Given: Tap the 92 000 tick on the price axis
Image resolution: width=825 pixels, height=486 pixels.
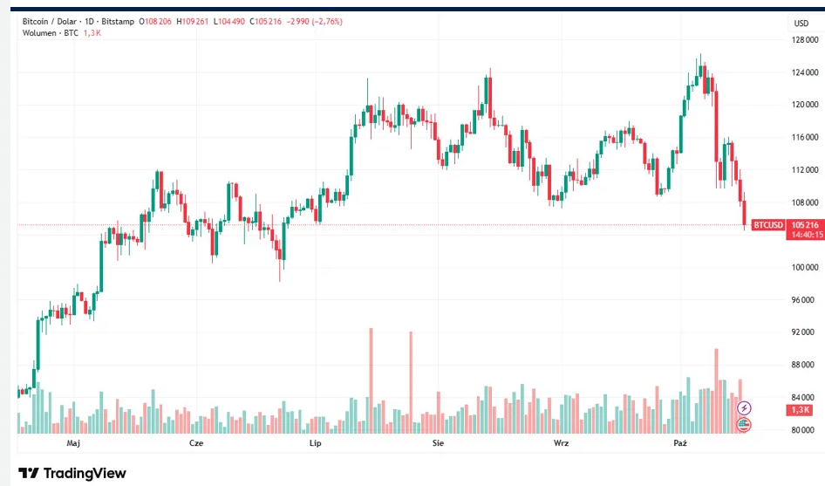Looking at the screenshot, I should (805, 332).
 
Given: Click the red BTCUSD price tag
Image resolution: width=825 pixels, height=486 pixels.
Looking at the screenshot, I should (767, 225).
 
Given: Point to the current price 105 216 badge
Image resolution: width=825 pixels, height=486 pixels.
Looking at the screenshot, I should (805, 224).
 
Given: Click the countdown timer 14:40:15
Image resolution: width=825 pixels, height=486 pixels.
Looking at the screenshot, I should (805, 235).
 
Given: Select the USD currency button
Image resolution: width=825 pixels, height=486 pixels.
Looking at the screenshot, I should (801, 23).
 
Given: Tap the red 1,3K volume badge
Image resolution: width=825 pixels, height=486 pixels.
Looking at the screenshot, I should (799, 410).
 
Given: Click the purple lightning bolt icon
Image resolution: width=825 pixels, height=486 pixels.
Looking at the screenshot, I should (744, 407).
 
